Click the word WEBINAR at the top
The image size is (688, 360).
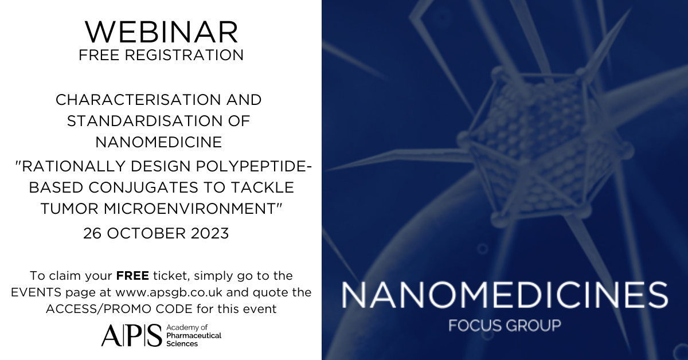tap(162, 32)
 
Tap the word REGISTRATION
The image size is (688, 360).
tap(184, 55)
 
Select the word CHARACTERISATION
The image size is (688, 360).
tap(138, 100)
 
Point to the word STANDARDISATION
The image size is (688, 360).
tap(144, 121)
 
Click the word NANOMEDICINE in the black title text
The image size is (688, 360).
tap(159, 142)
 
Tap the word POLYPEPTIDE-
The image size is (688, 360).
tap(254, 166)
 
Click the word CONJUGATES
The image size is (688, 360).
tap(144, 187)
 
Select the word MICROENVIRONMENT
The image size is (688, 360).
tap(190, 209)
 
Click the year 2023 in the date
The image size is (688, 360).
tap(210, 233)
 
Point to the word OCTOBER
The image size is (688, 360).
tap(146, 233)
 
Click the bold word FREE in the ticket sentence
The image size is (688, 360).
tap(132, 276)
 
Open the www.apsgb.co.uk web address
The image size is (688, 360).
tap(169, 292)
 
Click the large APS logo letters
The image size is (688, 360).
tap(131, 335)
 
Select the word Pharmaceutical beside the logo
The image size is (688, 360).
tap(194, 335)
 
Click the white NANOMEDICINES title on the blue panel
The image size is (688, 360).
tap(505, 295)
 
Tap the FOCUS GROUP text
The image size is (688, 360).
tap(505, 326)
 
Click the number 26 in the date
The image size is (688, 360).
tap(92, 233)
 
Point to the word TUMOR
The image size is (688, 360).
tap(69, 209)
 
